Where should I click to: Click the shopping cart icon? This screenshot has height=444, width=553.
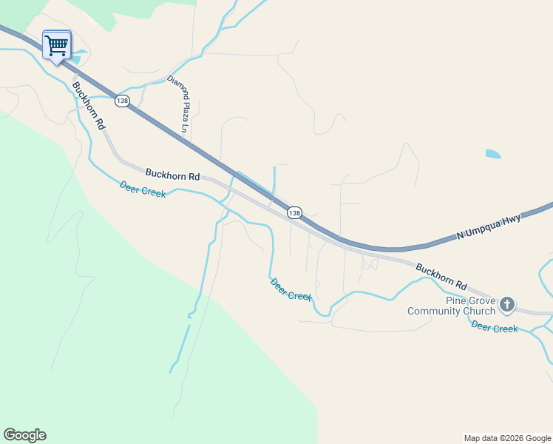tap(56, 46)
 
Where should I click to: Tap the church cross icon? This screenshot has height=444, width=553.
tap(507, 304)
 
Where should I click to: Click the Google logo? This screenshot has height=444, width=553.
tap(24, 435)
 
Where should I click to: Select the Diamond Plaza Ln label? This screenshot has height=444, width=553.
tap(179, 106)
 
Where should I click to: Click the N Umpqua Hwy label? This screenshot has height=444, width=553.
tap(489, 226)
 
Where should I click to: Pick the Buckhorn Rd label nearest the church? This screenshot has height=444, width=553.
tap(441, 276)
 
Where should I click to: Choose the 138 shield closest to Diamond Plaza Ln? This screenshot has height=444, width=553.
tap(122, 101)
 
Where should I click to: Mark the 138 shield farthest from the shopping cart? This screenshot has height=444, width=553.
tap(294, 212)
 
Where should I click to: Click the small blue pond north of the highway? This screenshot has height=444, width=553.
tap(493, 154)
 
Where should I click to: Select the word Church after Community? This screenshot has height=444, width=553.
tap(481, 311)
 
